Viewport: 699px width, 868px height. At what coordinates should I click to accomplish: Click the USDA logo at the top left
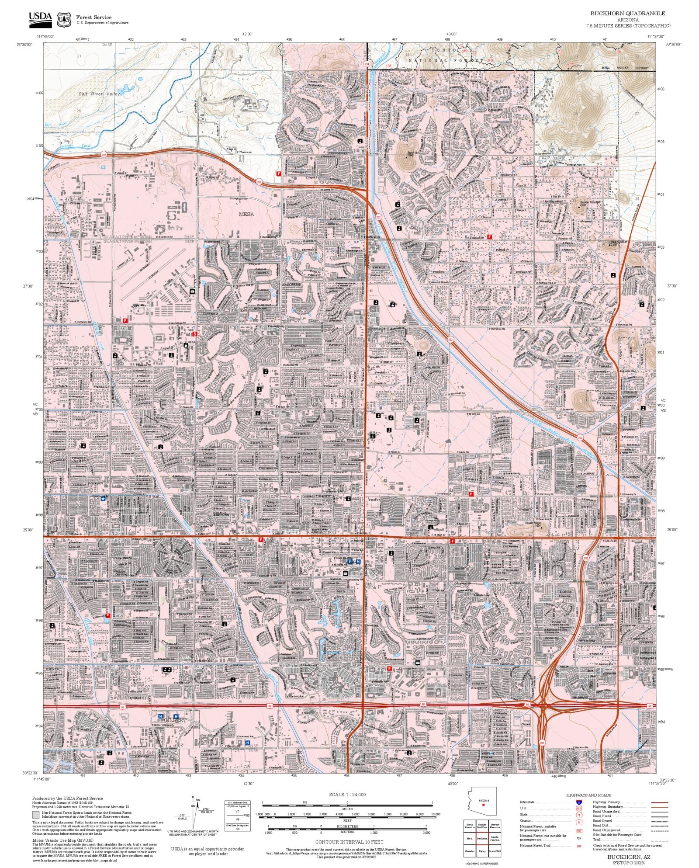click(x=40, y=18)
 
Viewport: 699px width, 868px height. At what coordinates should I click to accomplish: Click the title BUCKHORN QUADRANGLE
click(x=628, y=14)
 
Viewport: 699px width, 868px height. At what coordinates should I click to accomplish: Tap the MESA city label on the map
click(x=246, y=214)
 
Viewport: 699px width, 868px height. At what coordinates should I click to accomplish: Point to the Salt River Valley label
click(x=99, y=94)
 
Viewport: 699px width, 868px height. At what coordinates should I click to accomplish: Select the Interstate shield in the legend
click(x=579, y=802)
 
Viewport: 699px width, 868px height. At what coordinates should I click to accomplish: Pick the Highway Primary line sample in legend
click(x=659, y=802)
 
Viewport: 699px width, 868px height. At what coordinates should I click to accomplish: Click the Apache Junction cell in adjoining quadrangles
click(x=495, y=839)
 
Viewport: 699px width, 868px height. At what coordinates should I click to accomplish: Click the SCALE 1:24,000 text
click(x=347, y=795)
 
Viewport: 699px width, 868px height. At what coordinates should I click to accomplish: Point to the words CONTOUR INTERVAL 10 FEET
click(x=349, y=842)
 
